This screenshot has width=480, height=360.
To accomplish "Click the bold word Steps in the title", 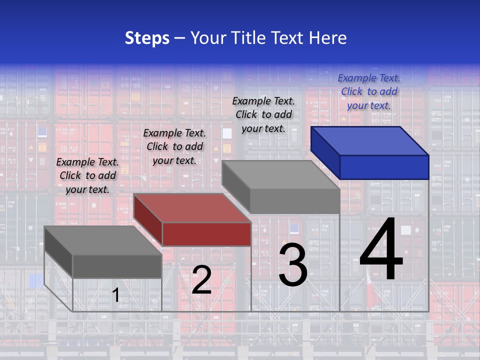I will (x=147, y=38).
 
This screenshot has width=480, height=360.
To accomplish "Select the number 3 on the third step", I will (x=293, y=265).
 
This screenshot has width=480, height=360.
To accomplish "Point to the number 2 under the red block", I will (x=201, y=280).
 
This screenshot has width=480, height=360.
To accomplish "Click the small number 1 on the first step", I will (x=115, y=295).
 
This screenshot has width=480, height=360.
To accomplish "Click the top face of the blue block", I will (x=370, y=141).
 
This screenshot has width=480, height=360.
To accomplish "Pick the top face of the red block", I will (x=192, y=208).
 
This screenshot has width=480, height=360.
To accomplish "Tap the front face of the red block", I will (x=206, y=234).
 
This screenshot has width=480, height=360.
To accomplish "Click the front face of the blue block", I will (x=384, y=167).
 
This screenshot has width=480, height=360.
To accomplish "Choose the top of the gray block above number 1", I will (x=103, y=240).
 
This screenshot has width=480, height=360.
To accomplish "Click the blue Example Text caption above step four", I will (x=369, y=92).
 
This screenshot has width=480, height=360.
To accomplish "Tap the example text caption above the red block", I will (x=174, y=147).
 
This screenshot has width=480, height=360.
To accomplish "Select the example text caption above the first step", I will (x=87, y=176).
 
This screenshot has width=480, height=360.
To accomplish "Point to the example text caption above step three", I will (x=263, y=115).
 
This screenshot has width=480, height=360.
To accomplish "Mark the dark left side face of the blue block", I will (x=325, y=152).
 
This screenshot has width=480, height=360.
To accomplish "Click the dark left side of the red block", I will (x=148, y=219).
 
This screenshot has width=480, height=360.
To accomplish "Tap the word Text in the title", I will (x=288, y=38).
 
